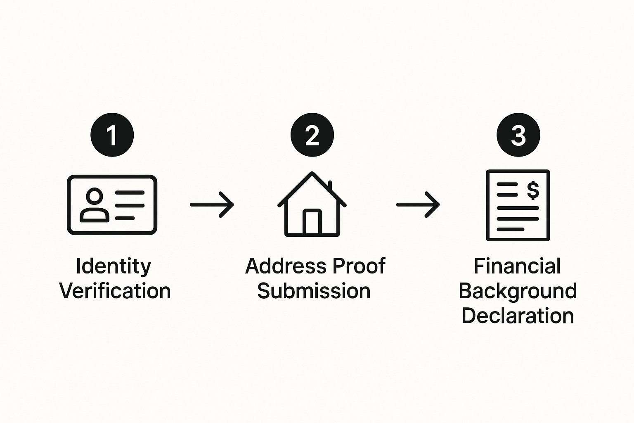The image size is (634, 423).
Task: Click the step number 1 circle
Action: (112, 135)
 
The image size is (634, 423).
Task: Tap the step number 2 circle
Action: (312, 135)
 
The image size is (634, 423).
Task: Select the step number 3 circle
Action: (518, 135)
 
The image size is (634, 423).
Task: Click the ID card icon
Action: (112, 205)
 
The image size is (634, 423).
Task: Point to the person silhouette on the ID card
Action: (95, 205)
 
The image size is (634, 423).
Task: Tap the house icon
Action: (312, 204)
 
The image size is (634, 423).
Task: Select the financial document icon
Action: (518, 205)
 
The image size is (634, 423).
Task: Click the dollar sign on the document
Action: (533, 190)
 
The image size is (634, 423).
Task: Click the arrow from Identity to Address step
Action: (212, 204)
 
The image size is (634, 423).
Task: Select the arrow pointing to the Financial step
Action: (418, 204)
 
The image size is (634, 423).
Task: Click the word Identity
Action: (114, 267)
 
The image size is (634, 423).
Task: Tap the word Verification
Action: (115, 291)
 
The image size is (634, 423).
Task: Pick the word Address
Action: (280, 266)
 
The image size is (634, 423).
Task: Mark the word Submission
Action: (314, 291)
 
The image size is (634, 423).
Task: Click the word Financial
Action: (517, 266)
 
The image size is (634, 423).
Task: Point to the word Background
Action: (518, 292)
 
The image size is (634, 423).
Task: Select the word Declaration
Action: (518, 316)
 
